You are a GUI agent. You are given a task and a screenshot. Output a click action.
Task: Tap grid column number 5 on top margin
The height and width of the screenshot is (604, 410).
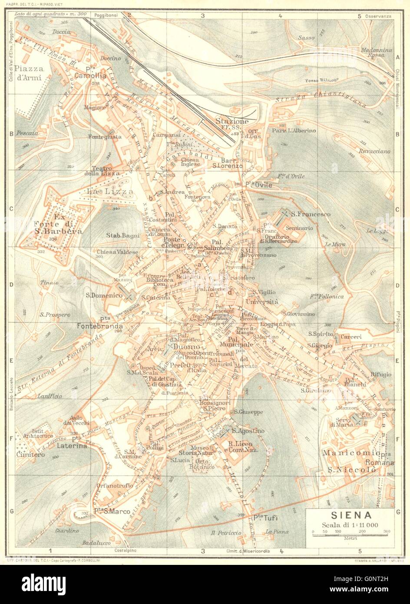(359, 16)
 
